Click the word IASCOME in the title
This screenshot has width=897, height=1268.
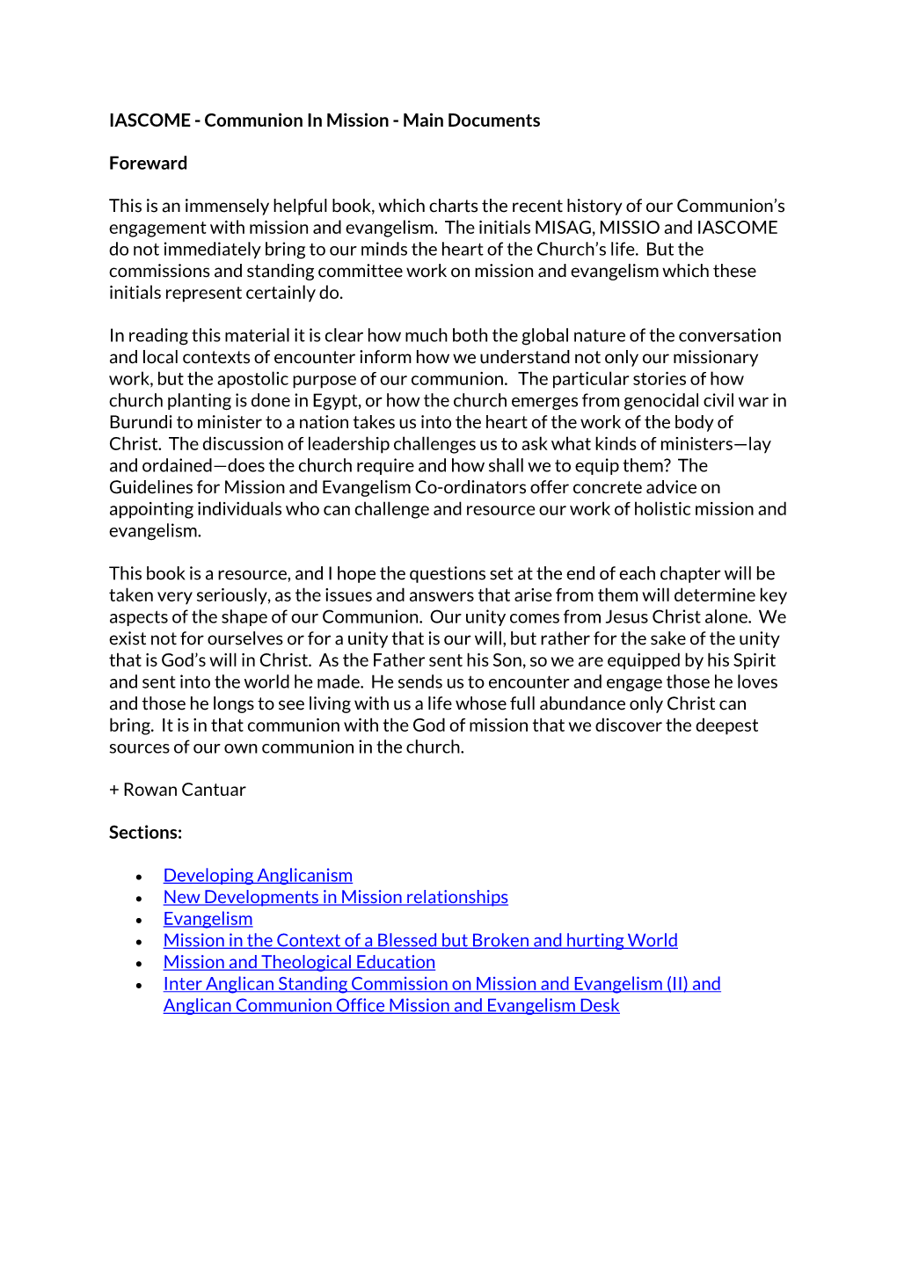[149, 120]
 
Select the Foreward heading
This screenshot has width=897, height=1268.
[148, 164]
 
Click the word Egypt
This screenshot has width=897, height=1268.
[335, 401]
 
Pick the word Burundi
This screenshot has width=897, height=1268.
[140, 423]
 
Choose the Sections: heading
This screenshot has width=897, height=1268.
[145, 833]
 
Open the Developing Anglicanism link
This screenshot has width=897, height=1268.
[258, 876]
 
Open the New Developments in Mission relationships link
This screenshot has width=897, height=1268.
[335, 898]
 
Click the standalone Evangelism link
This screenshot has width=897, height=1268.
[208, 919]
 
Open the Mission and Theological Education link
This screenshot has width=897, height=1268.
[299, 963]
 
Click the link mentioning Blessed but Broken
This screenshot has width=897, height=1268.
[420, 941]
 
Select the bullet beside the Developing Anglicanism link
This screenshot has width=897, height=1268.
[139, 878]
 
